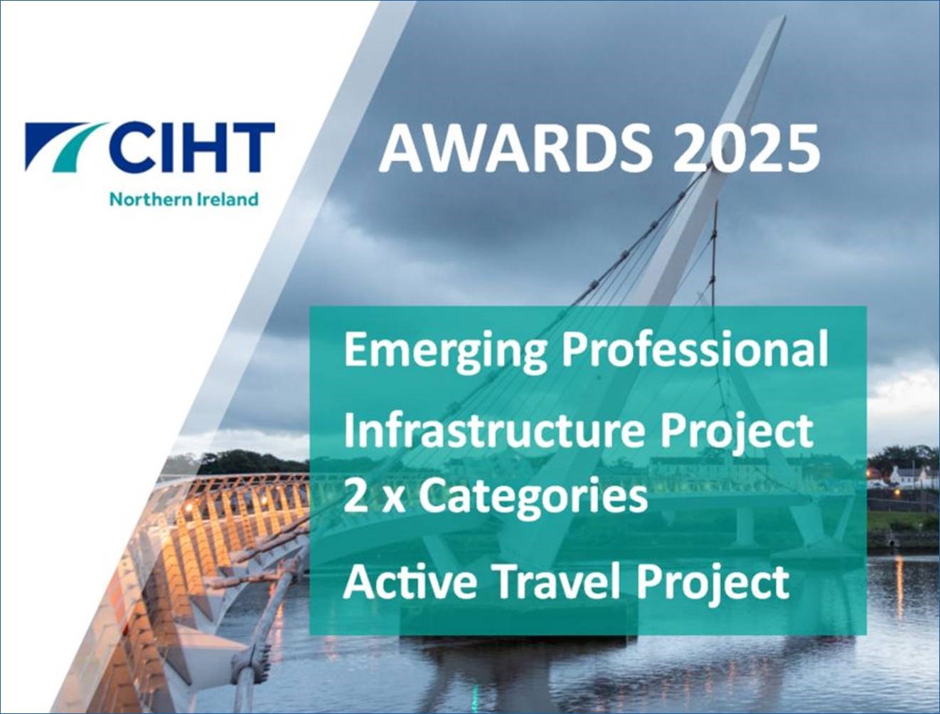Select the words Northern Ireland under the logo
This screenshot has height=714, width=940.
coord(185,199)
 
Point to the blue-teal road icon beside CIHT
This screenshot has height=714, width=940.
coord(64,147)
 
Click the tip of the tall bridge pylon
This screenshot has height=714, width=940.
coord(784,17)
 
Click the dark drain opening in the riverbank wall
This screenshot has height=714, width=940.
coord(892,543)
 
